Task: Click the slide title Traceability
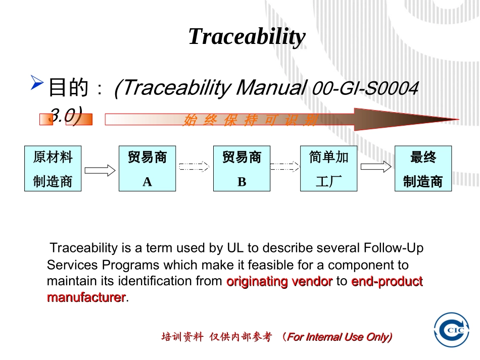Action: pyautogui.click(x=247, y=37)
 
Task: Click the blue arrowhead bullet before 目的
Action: pyautogui.click(x=36, y=82)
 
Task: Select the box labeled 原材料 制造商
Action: pyautogui.click(x=53, y=169)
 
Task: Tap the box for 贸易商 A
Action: pyautogui.click(x=147, y=169)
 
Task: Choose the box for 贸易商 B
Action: pyautogui.click(x=242, y=169)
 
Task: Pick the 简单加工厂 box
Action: pyautogui.click(x=328, y=169)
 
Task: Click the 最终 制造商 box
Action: pyautogui.click(x=423, y=169)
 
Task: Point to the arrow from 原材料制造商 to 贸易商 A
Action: pyautogui.click(x=100, y=170)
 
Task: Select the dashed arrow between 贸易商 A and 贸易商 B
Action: pyautogui.click(x=194, y=167)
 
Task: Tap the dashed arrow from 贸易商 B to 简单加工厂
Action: pyautogui.click(x=285, y=167)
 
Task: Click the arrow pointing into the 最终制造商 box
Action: pyautogui.click(x=375, y=167)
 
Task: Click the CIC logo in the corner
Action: pyautogui.click(x=452, y=330)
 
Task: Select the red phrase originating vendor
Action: pyautogui.click(x=279, y=281)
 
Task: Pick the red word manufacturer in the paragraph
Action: pyautogui.click(x=86, y=297)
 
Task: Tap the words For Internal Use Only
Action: pyautogui.click(x=339, y=337)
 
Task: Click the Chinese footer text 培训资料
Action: pyautogui.click(x=182, y=337)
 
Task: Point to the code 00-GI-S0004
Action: pyautogui.click(x=365, y=89)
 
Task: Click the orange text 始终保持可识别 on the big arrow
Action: pyautogui.click(x=250, y=120)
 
